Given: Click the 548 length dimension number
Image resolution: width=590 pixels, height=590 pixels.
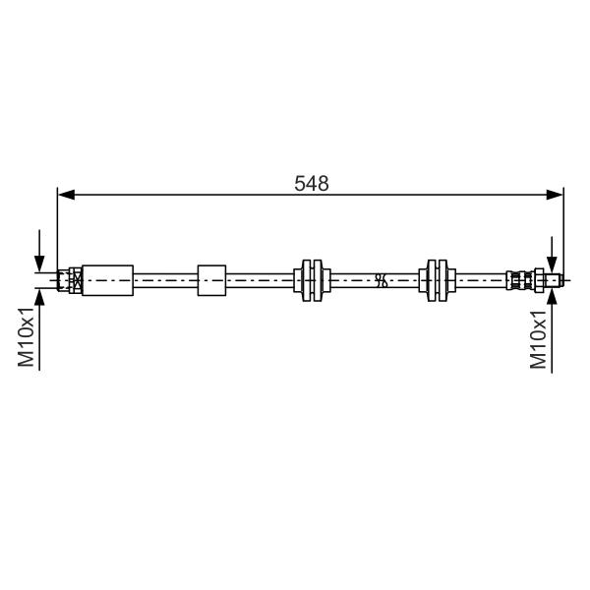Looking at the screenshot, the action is pyautogui.click(x=311, y=184).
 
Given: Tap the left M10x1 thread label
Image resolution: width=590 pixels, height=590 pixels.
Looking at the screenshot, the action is pyautogui.click(x=27, y=335).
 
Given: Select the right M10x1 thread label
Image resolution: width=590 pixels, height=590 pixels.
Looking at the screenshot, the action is pyautogui.click(x=538, y=339).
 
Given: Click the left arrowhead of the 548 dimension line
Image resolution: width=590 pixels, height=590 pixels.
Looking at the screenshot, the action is pyautogui.click(x=66, y=195).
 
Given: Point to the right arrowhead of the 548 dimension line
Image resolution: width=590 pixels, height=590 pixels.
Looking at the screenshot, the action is pyautogui.click(x=555, y=195).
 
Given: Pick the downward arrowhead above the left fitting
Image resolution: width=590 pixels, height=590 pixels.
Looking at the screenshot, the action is pyautogui.click(x=39, y=264).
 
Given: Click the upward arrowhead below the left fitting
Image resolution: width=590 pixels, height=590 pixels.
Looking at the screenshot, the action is pyautogui.click(x=39, y=297).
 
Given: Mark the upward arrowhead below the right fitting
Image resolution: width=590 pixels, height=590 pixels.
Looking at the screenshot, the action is pyautogui.click(x=552, y=297).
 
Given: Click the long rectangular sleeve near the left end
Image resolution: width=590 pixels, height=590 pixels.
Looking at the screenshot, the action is pyautogui.click(x=107, y=280).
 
